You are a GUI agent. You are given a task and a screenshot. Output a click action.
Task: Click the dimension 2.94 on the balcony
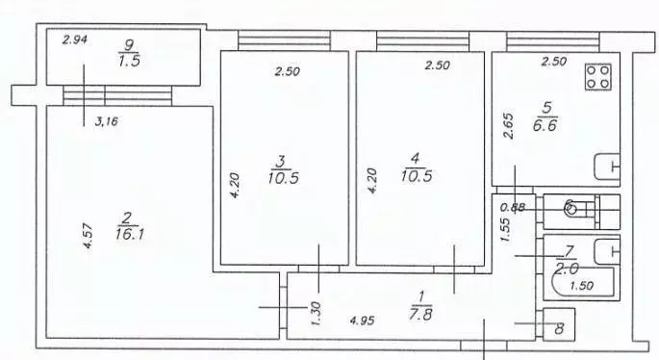click(x=75, y=40)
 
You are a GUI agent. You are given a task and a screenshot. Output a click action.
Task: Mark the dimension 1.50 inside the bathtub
click(x=581, y=286)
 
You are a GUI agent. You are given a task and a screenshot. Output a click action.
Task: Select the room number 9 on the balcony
click(x=131, y=42)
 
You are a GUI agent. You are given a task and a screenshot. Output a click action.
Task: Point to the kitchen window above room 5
click(x=552, y=41)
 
